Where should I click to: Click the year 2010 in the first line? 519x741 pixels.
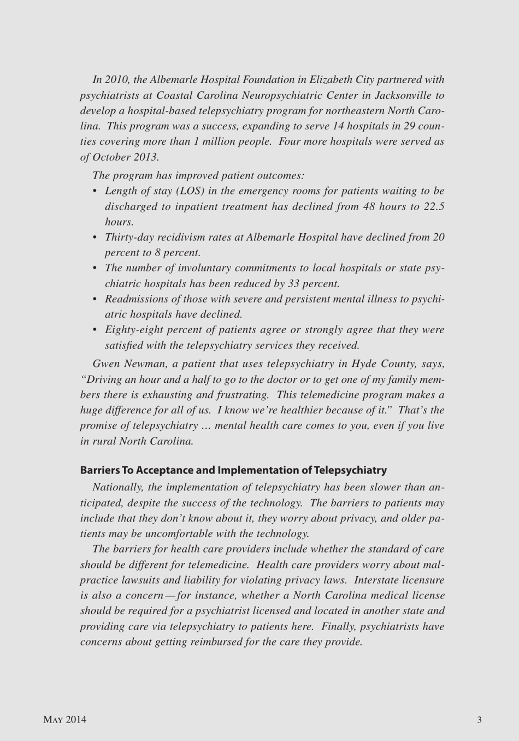pyautogui.click(x=116, y=80)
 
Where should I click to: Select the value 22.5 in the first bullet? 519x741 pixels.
pyautogui.click(x=434, y=206)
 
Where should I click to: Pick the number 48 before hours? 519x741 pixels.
pyautogui.click(x=369, y=206)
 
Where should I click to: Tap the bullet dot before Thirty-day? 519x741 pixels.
pyautogui.click(x=95, y=238)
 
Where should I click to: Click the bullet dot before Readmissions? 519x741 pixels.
pyautogui.click(x=95, y=299)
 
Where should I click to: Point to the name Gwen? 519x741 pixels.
pyautogui.click(x=107, y=364)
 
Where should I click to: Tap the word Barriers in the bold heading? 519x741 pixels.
pyautogui.click(x=100, y=470)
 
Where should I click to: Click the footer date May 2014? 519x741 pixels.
pyautogui.click(x=64, y=720)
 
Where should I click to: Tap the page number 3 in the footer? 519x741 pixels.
pyautogui.click(x=479, y=720)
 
